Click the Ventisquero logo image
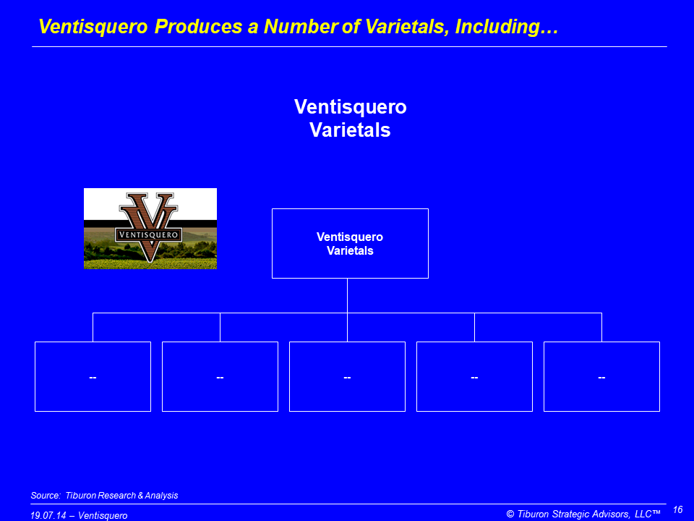pyautogui.click(x=150, y=229)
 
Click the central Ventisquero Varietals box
pyautogui.click(x=350, y=243)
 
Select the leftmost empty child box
pyautogui.click(x=93, y=376)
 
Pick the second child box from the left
pyautogui.click(x=220, y=376)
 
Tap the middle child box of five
pyautogui.click(x=348, y=376)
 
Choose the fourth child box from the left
pyautogui.click(x=474, y=376)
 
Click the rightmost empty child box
pyautogui.click(x=602, y=376)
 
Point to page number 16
pyautogui.click(x=677, y=510)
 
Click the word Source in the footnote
pyautogui.click(x=44, y=495)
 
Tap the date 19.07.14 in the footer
pyautogui.click(x=48, y=516)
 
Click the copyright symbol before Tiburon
pyautogui.click(x=510, y=514)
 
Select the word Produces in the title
pyautogui.click(x=198, y=27)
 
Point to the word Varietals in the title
pyautogui.click(x=405, y=27)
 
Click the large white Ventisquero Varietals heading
pyautogui.click(x=350, y=118)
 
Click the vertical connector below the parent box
pyautogui.click(x=348, y=296)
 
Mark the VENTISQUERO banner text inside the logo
pyautogui.click(x=149, y=234)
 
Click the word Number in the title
pyautogui.click(x=301, y=27)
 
